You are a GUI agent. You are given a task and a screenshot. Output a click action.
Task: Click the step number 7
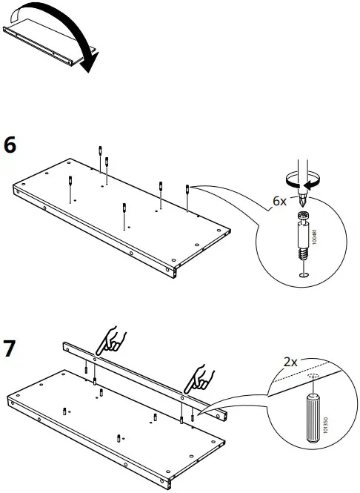[10, 348]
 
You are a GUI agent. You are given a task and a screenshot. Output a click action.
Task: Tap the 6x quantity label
[279, 200]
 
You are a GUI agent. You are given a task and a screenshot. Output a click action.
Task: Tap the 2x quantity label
[290, 363]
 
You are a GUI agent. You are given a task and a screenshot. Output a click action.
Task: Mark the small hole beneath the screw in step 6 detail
[302, 276]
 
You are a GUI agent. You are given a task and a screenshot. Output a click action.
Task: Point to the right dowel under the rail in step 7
[182, 402]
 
